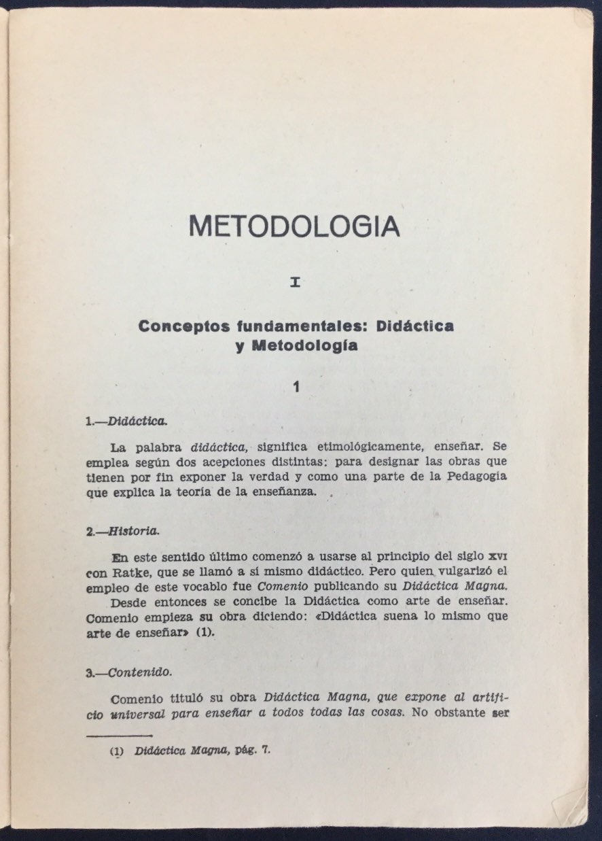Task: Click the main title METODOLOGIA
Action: [294, 226]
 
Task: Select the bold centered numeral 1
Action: [296, 387]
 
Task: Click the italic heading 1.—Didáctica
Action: [126, 422]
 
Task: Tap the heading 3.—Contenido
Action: [128, 672]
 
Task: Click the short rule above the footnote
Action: [120, 736]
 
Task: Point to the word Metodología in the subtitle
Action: [305, 345]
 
